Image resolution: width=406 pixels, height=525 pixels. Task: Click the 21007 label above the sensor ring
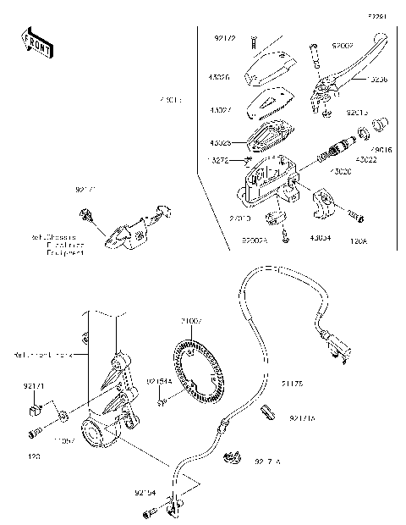[190, 322]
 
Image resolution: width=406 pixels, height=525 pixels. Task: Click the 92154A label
[160, 381]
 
